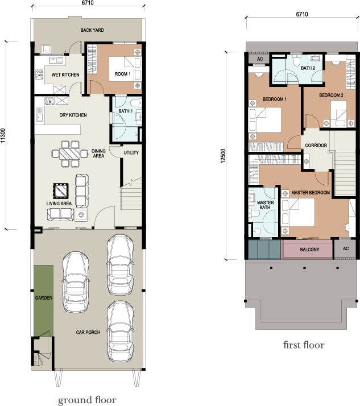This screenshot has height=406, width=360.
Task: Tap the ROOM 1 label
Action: (123, 74)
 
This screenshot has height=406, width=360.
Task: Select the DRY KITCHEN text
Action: (73, 115)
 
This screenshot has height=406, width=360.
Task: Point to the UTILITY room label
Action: (131, 152)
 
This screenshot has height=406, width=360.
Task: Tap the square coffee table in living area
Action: (60, 189)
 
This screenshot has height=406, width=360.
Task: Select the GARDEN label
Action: (43, 298)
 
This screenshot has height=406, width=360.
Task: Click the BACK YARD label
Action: (90, 30)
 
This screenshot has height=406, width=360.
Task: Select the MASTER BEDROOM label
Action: (311, 193)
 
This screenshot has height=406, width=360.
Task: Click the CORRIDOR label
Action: (316, 146)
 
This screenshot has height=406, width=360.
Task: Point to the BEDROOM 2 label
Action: (330, 95)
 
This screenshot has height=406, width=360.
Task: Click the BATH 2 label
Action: (308, 68)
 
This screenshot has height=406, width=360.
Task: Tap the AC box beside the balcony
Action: (345, 248)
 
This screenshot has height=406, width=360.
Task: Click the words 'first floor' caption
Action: (304, 345)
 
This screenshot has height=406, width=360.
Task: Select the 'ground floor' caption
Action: (87, 400)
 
